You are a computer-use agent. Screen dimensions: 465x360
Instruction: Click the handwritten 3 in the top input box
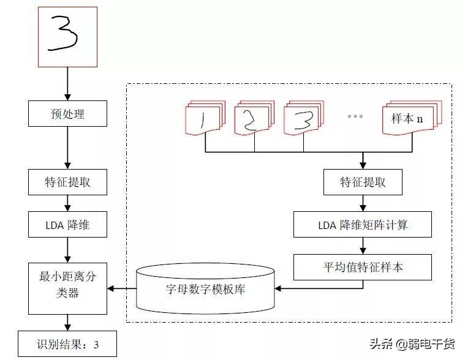click(x=63, y=34)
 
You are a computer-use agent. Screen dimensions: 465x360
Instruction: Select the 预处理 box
click(x=67, y=113)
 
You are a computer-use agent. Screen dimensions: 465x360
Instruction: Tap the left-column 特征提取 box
click(x=67, y=182)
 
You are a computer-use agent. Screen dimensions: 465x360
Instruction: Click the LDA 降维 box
click(x=67, y=224)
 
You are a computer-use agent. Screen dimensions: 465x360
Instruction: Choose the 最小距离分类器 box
click(x=67, y=288)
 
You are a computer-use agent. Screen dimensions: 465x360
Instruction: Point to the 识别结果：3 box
click(x=67, y=343)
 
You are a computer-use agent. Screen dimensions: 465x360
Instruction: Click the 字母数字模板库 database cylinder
click(x=205, y=288)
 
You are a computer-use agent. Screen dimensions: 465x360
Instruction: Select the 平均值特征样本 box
click(x=363, y=267)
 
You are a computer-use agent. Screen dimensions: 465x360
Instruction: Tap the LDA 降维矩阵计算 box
click(x=363, y=224)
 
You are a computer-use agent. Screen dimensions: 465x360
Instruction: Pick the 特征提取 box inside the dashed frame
click(x=363, y=182)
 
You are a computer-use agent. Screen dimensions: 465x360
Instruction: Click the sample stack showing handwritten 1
click(x=205, y=118)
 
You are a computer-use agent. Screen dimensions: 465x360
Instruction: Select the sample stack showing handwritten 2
click(x=254, y=118)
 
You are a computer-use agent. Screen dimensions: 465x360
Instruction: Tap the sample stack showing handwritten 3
click(x=304, y=118)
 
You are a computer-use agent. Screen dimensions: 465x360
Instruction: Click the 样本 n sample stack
click(x=412, y=118)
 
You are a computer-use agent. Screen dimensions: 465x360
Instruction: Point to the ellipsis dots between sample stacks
click(x=355, y=116)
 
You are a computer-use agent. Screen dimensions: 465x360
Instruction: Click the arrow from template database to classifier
click(x=121, y=288)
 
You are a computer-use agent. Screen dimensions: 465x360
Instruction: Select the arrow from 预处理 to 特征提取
click(x=67, y=148)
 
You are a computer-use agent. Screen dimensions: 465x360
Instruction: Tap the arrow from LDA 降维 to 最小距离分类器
click(x=67, y=250)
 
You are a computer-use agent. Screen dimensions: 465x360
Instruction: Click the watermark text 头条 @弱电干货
click(x=412, y=344)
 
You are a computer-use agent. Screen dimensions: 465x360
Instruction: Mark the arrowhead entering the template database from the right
click(x=278, y=288)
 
